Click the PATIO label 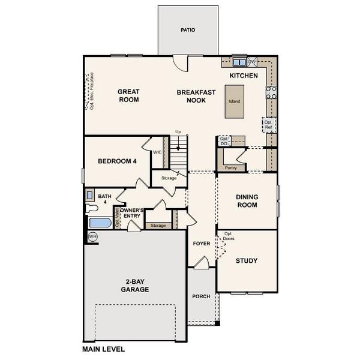click(188, 29)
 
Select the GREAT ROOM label click(128, 95)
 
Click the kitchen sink click(239, 61)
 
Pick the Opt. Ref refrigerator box click(268, 124)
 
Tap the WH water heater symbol click(92, 236)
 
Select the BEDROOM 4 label click(117, 161)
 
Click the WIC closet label click(157, 152)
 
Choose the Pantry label click(230, 168)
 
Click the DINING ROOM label click(247, 200)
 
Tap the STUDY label click(247, 260)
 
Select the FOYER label click(200, 244)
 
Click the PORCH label click(200, 296)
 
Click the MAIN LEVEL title click(103, 348)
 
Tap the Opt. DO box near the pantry click(224, 140)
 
